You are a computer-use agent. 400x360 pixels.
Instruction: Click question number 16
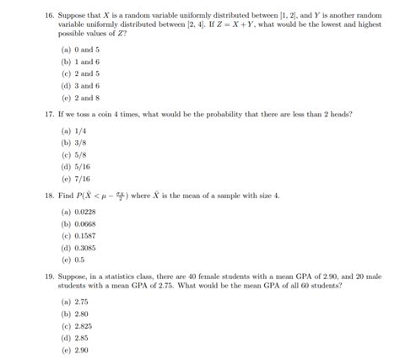pos(30,15)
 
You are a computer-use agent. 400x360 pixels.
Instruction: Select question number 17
pos(30,114)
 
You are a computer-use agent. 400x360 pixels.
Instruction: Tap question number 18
pos(30,196)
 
